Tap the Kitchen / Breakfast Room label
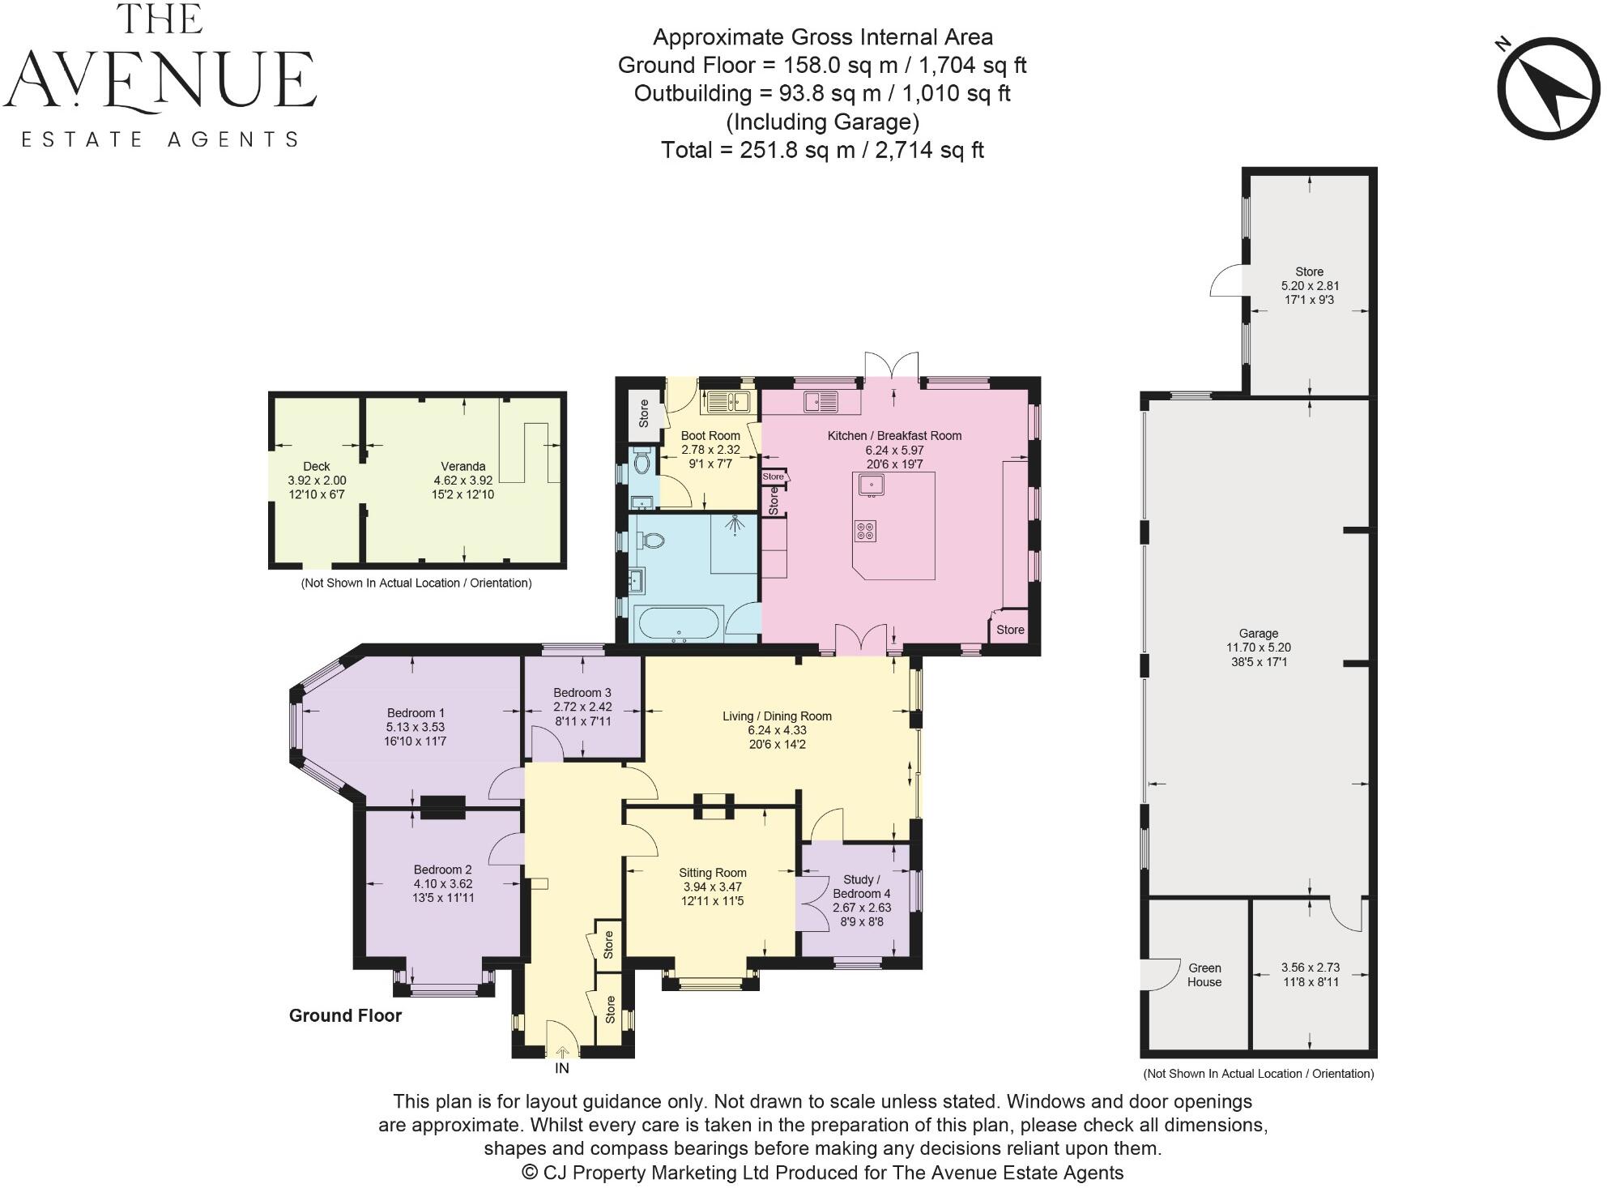click(894, 436)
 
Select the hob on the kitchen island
click(865, 532)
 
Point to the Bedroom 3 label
click(582, 693)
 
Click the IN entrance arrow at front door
click(562, 1053)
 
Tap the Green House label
click(1204, 975)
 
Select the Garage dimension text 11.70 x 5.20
click(1258, 647)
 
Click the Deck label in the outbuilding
click(317, 466)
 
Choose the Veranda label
click(462, 466)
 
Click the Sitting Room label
click(712, 873)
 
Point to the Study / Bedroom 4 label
click(861, 887)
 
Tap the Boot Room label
click(710, 436)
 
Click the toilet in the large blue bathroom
click(651, 540)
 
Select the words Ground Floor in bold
click(345, 1016)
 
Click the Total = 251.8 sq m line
click(822, 150)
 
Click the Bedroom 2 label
click(442, 870)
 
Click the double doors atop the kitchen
click(892, 366)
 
